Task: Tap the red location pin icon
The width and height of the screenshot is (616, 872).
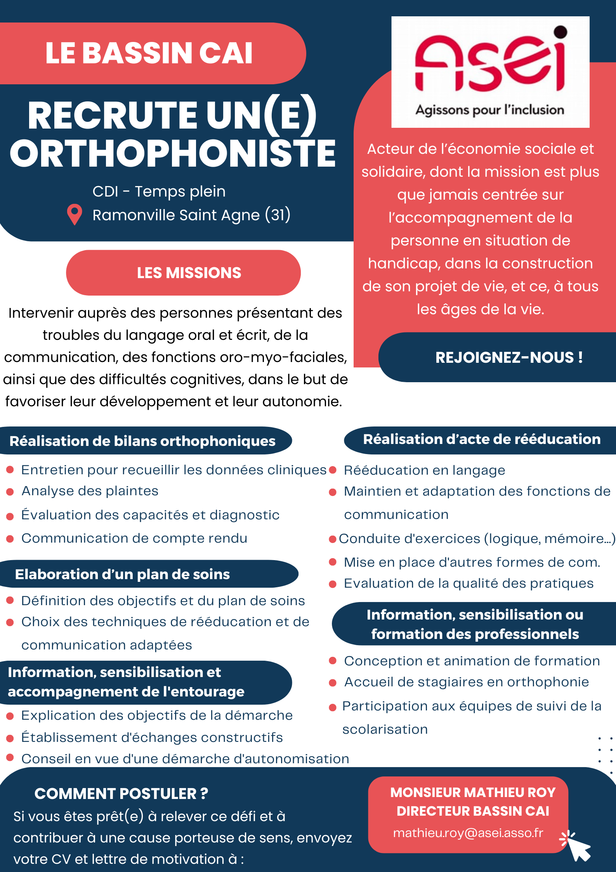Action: [75, 214]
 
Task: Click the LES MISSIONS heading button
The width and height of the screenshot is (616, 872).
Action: [183, 273]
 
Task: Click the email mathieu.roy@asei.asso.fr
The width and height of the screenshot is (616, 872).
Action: [468, 833]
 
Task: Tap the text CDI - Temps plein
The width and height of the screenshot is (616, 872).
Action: [159, 191]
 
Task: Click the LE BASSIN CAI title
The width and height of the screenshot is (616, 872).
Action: [149, 53]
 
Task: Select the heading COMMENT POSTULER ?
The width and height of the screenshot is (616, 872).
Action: [121, 794]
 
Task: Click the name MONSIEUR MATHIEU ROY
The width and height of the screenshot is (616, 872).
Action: [473, 792]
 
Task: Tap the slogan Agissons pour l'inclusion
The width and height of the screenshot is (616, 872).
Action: [490, 110]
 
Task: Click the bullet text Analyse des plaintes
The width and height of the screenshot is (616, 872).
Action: [90, 491]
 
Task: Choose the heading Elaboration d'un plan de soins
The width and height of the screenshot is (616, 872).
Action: [122, 574]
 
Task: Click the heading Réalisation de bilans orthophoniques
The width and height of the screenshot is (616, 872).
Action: [142, 441]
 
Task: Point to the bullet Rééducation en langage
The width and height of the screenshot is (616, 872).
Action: [425, 470]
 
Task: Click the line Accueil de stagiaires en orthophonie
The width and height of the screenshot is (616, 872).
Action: [467, 682]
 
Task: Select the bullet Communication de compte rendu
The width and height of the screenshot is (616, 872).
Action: [134, 538]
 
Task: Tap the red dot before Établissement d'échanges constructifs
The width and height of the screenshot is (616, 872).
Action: [10, 738]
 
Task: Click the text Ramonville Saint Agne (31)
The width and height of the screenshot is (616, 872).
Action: [191, 215]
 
